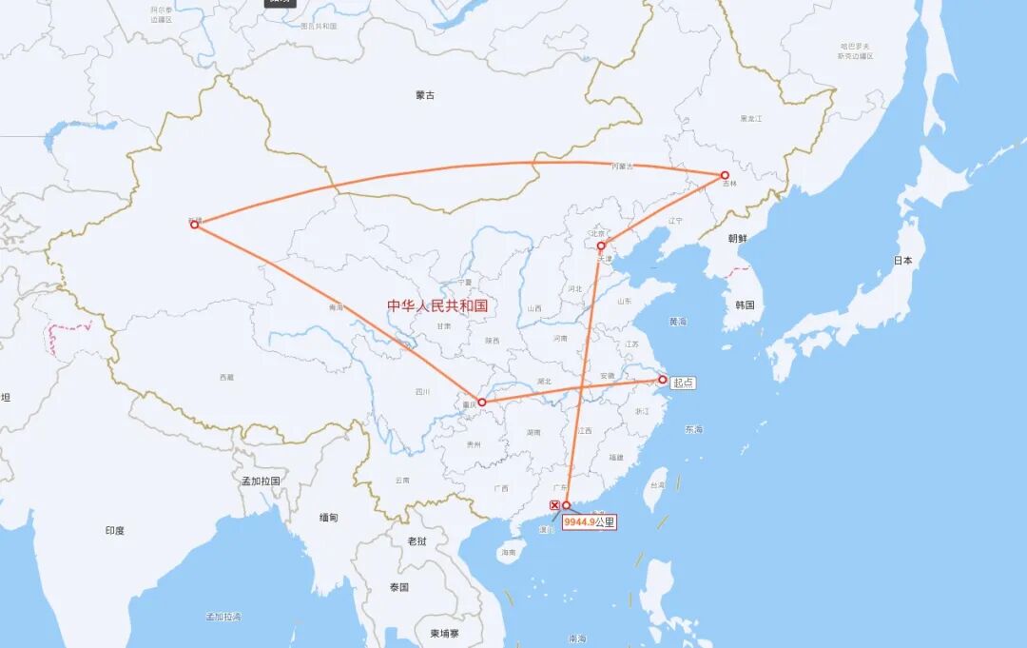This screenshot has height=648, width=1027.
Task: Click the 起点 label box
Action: point(683,383)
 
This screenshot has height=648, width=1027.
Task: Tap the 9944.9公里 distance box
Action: point(590,521)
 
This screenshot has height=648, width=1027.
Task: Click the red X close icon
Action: point(555,505)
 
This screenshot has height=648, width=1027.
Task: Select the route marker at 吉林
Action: point(725,175)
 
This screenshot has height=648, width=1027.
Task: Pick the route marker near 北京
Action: point(601,245)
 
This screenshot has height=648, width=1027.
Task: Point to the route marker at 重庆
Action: point(482,403)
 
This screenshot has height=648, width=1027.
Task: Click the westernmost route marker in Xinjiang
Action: point(194,225)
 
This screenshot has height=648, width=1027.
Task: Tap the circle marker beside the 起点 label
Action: point(663,380)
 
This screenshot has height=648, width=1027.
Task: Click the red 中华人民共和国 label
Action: point(436,305)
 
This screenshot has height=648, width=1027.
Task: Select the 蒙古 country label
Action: point(425,95)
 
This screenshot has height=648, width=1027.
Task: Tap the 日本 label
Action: point(902,260)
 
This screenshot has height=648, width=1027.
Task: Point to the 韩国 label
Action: point(745,305)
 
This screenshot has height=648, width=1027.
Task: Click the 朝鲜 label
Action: point(738,239)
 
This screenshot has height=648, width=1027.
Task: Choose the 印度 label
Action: point(115,530)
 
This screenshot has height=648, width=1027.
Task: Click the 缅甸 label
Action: point(328,518)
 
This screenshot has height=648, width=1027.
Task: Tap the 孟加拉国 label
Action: point(261,481)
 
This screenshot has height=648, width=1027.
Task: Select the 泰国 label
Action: point(398,587)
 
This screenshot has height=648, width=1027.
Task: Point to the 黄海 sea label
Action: point(677,322)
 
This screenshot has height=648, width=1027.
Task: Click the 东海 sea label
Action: point(693,429)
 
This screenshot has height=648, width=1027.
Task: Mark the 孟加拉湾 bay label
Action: point(223,617)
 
